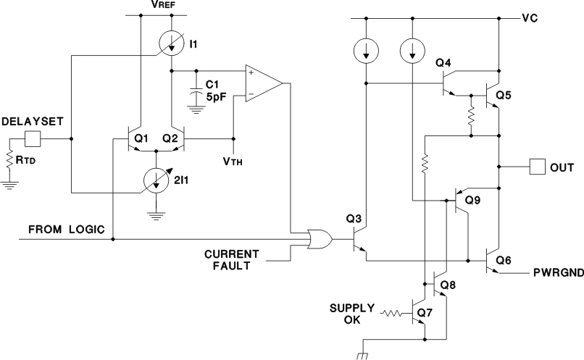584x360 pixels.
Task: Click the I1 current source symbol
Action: [171, 45]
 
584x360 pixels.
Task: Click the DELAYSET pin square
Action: [33, 138]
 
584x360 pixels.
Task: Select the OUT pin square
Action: [538, 167]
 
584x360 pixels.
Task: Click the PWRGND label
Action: [556, 274]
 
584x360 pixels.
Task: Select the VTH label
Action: [233, 161]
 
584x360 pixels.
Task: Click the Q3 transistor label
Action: [354, 218]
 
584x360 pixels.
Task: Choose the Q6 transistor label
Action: [504, 259]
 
